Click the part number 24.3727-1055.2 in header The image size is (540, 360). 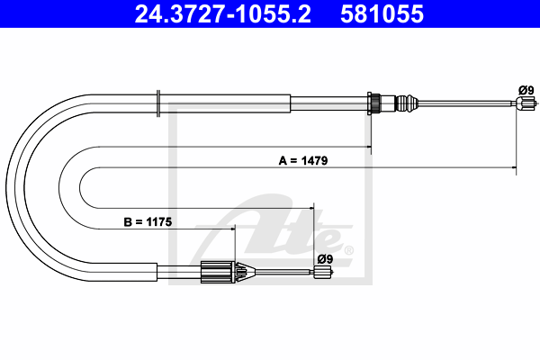(x=223, y=14)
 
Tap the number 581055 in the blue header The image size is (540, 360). (x=382, y=14)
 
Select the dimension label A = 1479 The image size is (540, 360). (x=303, y=160)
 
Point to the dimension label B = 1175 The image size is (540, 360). (x=148, y=222)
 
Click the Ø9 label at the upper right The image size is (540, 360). (x=526, y=90)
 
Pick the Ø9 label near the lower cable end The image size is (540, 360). (x=325, y=258)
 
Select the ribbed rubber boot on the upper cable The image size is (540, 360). (x=407, y=103)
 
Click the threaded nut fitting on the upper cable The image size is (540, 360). (x=374, y=103)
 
